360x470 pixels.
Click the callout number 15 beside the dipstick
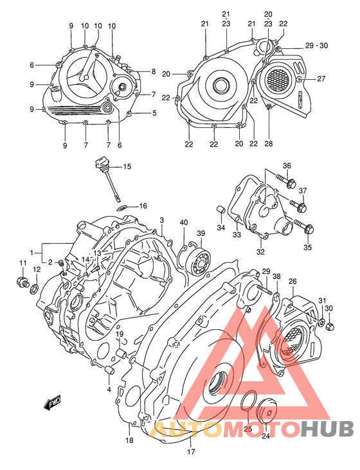pyautogui.click(x=127, y=167)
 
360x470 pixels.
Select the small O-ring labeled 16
pyautogui.click(x=122, y=207)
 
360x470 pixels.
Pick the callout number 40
pyautogui.click(x=184, y=222)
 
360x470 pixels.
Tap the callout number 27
pyautogui.click(x=321, y=79)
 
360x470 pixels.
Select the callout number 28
pyautogui.click(x=269, y=143)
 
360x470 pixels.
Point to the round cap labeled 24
pyautogui.click(x=265, y=413)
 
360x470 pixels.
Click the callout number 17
pyautogui.click(x=190, y=451)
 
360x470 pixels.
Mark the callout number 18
pyautogui.click(x=129, y=440)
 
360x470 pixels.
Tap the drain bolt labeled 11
pyautogui.click(x=21, y=282)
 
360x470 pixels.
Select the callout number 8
pyautogui.click(x=154, y=71)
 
